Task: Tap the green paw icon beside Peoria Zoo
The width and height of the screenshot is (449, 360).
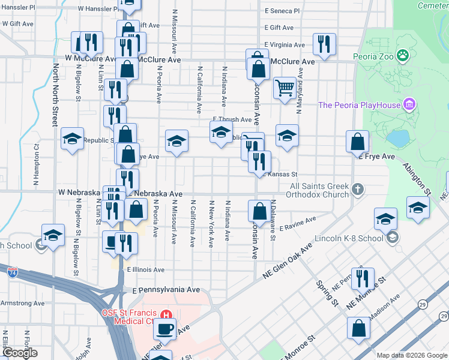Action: [x=403, y=56]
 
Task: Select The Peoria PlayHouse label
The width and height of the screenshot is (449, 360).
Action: [x=358, y=106]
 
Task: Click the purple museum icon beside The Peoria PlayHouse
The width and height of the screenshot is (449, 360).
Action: [x=410, y=105]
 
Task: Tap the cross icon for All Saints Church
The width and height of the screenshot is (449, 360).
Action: [x=358, y=190]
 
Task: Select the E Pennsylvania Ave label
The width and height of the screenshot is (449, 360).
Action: [x=166, y=289]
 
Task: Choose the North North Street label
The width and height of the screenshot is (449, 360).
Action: [x=55, y=95]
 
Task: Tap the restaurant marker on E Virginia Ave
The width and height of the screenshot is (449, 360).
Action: [x=324, y=44]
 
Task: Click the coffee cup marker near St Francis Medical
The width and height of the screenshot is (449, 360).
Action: [x=165, y=328]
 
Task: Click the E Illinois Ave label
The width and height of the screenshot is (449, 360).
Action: [x=145, y=270]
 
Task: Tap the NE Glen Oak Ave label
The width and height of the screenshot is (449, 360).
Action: [x=289, y=260]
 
